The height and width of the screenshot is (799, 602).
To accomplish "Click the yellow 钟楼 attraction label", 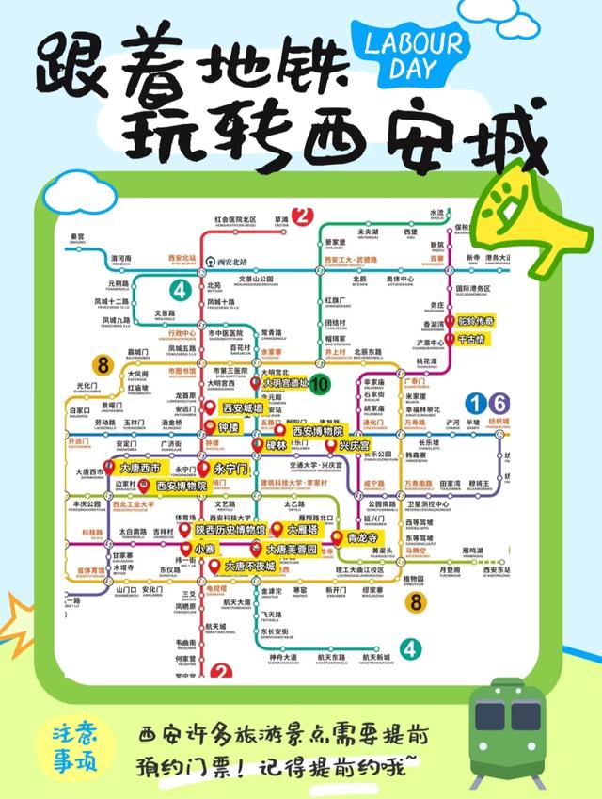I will coord(230,427).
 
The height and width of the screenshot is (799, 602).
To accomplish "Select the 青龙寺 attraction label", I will coord(363,539).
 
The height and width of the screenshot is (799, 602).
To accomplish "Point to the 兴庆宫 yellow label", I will coord(355,445).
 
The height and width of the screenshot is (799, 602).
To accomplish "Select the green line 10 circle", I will coord(320,383).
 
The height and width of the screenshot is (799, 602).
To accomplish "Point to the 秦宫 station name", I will coord(77,236).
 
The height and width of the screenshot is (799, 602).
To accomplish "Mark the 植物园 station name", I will coord(414,579).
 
